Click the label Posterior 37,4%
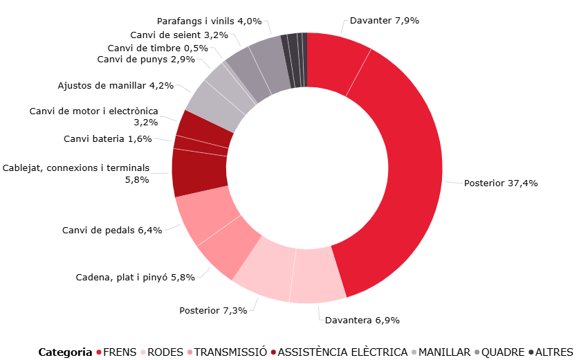pyautogui.click(x=501, y=183)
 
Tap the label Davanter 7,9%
pyautogui.click(x=385, y=21)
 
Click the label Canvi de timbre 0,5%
pyautogui.click(x=158, y=48)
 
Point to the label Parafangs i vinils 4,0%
pyautogui.click(x=209, y=21)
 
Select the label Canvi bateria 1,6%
pyautogui.click(x=107, y=139)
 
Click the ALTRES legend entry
pyautogui.click(x=554, y=352)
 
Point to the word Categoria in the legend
pyautogui.click(x=65, y=352)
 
